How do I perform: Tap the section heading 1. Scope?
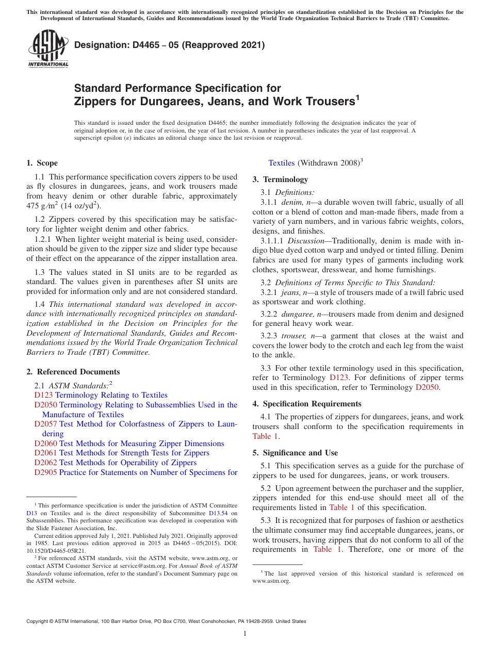pyautogui.click(x=42, y=163)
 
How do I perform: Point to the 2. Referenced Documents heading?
pyautogui.click(x=73, y=372)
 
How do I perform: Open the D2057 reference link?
pyautogui.click(x=45, y=424)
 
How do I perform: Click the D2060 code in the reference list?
pyautogui.click(x=45, y=444)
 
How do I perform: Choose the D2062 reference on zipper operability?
pyautogui.click(x=45, y=463)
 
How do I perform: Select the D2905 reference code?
pyautogui.click(x=45, y=472)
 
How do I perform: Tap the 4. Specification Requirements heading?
pyautogui.click(x=307, y=404)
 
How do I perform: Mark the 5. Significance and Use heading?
pyautogui.click(x=295, y=453)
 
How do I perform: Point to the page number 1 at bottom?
pyautogui.click(x=245, y=633)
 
